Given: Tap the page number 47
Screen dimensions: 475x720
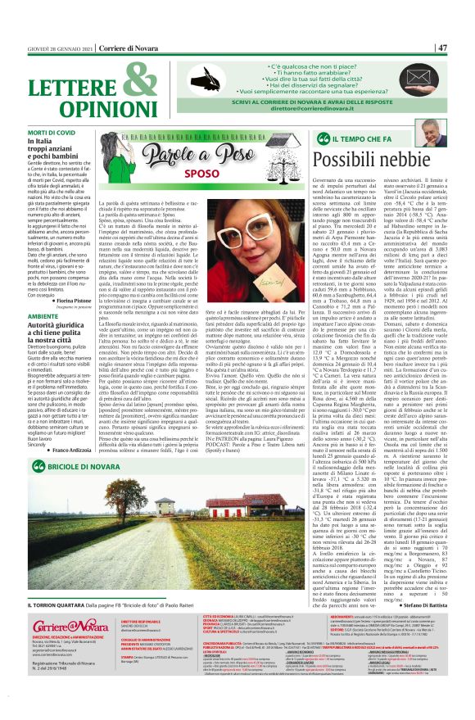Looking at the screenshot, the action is (464, 48).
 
